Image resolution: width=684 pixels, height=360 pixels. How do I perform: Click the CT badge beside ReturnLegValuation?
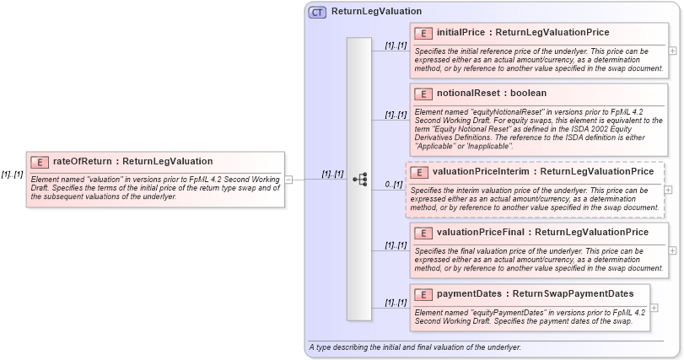click(x=318, y=12)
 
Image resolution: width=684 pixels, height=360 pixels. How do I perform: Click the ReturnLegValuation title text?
click(x=376, y=12)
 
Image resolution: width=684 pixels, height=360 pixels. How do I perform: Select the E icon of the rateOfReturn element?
click(x=39, y=162)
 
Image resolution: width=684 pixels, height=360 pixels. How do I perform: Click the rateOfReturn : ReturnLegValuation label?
click(x=132, y=162)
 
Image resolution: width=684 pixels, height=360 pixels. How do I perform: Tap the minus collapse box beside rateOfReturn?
click(x=288, y=179)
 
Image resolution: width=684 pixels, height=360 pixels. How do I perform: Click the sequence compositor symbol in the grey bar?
click(x=358, y=179)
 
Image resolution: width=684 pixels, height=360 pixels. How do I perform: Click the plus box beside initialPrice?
click(x=672, y=50)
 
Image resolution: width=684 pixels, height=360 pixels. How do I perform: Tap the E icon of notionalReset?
click(x=423, y=93)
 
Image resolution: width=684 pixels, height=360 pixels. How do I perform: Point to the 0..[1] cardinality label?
click(x=393, y=184)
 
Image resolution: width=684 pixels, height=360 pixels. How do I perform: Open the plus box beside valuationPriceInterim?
click(x=669, y=190)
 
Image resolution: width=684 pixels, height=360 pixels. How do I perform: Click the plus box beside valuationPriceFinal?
click(x=672, y=250)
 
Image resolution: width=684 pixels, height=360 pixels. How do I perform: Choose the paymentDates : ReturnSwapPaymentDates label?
click(x=535, y=294)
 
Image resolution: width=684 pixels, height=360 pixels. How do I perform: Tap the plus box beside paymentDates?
click(x=654, y=308)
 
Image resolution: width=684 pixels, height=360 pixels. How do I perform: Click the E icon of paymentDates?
click(x=423, y=294)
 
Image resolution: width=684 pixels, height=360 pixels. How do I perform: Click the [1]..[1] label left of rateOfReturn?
click(x=11, y=175)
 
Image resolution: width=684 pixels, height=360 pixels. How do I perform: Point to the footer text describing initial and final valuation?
click(x=415, y=347)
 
